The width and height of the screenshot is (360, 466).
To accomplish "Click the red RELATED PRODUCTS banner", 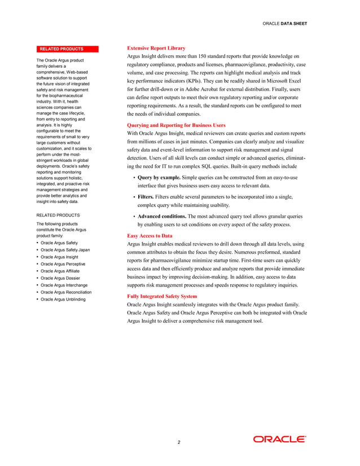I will [x=62, y=49].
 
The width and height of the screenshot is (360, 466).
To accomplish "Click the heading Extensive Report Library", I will [x=156, y=48].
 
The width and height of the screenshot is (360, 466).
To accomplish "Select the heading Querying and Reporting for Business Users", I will [x=176, y=125].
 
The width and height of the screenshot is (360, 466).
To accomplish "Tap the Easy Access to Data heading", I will [x=150, y=235].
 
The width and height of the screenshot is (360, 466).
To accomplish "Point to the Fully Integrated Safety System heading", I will [x=162, y=296].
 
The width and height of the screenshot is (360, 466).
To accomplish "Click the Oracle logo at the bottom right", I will [x=279, y=439].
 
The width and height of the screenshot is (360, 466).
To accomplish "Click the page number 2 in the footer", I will [x=179, y=442].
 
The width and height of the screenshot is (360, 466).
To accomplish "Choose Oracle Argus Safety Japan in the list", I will [x=65, y=249].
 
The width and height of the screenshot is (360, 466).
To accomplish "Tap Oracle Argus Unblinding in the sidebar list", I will [x=63, y=299].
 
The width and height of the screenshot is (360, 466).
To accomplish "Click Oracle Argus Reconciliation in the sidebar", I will [x=67, y=292].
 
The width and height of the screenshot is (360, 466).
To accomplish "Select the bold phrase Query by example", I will [x=161, y=178].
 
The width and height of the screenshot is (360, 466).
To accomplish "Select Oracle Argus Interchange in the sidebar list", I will [x=64, y=285].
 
